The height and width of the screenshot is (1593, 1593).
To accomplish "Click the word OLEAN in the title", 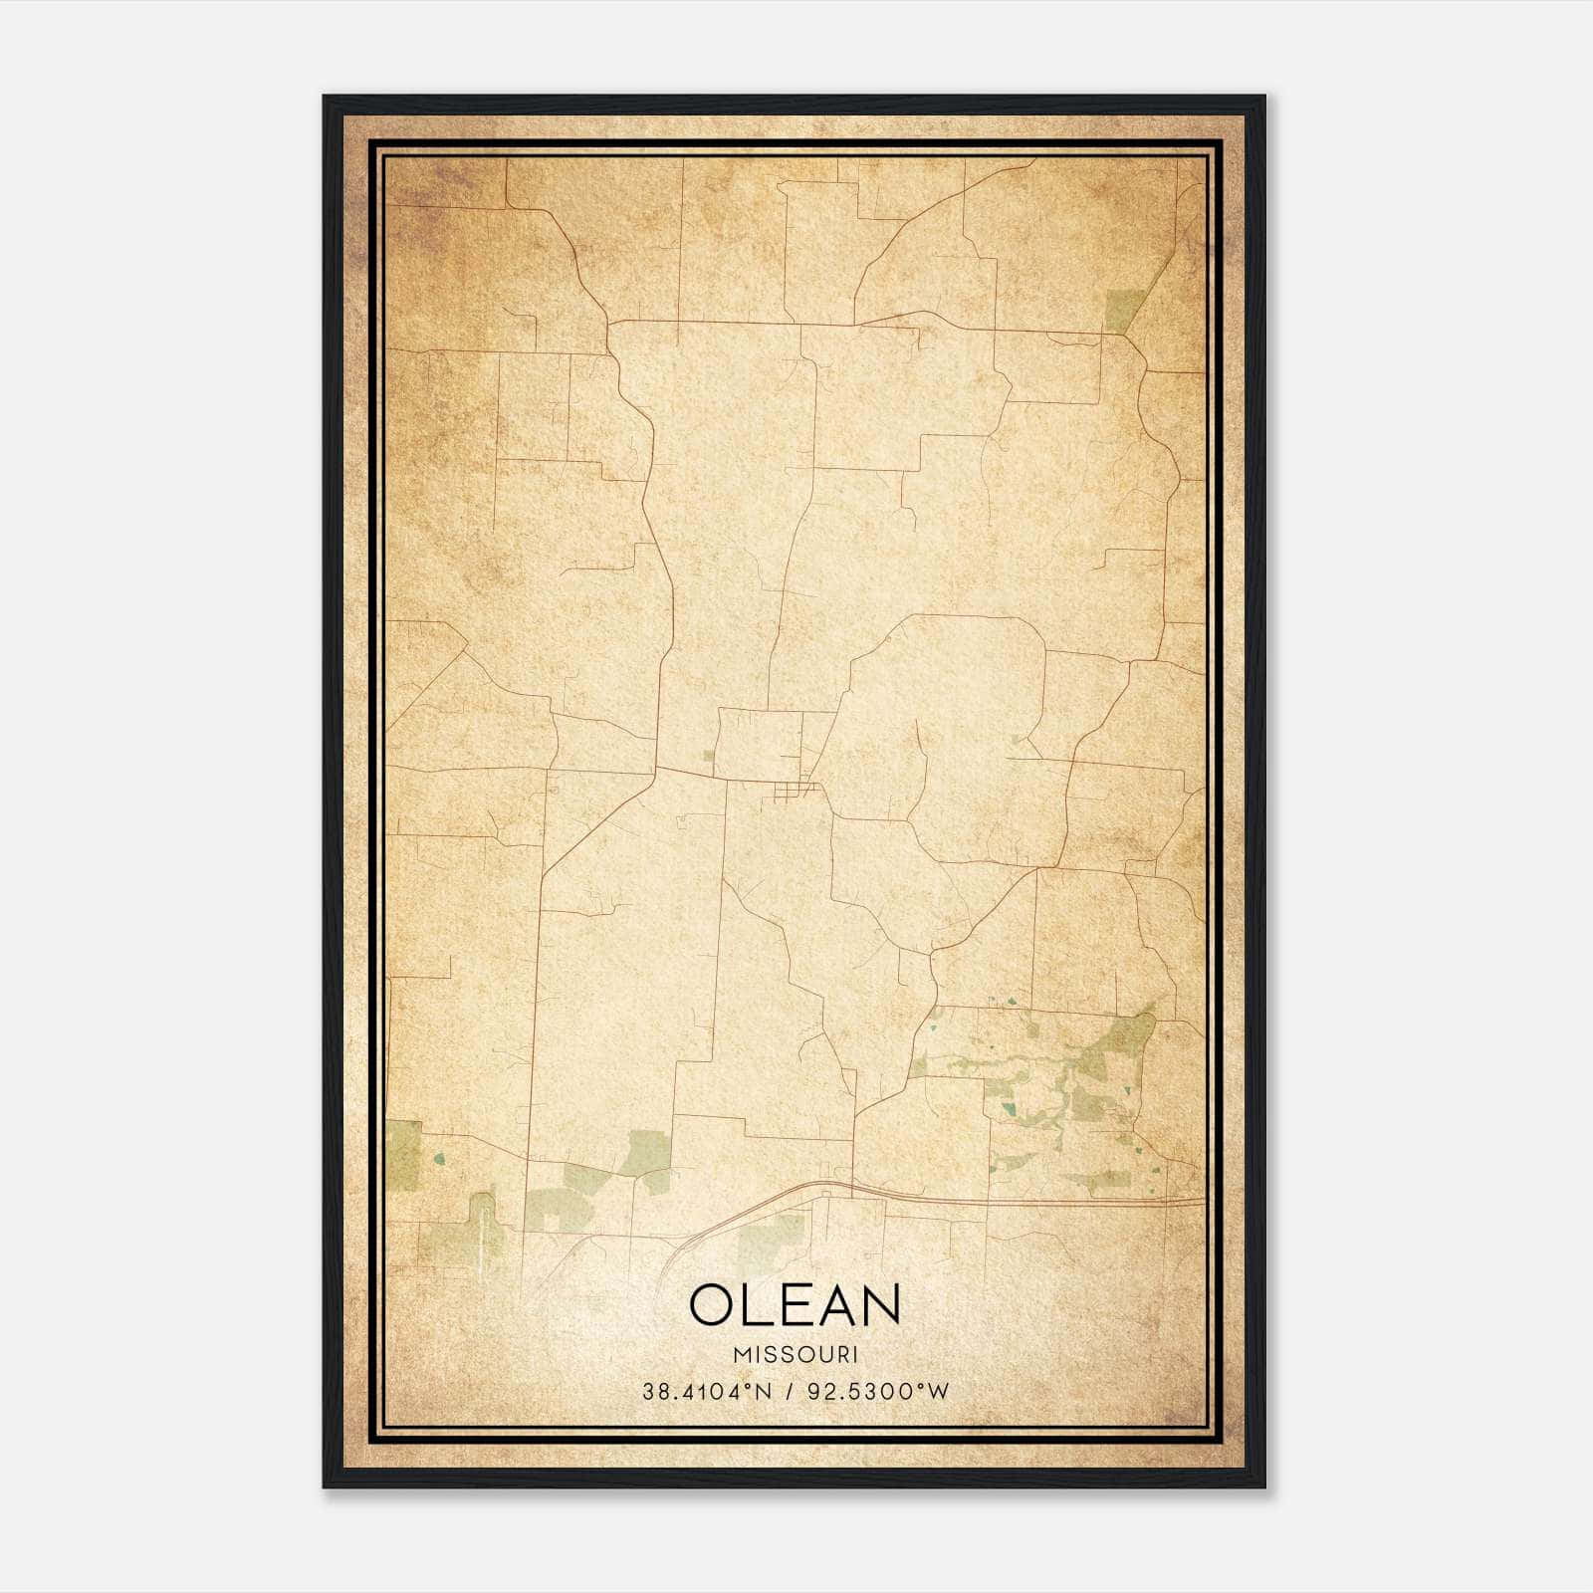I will (795, 1305).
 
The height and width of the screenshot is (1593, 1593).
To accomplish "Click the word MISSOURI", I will (795, 1354).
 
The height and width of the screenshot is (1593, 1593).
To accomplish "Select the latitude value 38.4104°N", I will (707, 1392).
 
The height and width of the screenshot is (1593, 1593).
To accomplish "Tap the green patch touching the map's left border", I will (403, 1155).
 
